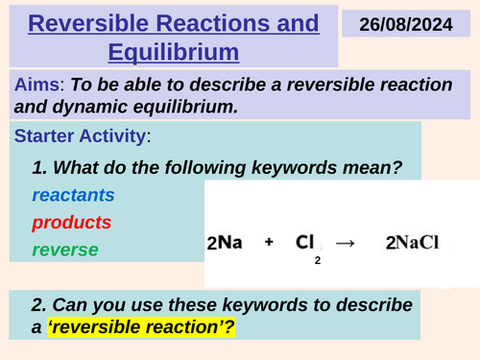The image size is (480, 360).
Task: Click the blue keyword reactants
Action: tap(73, 196)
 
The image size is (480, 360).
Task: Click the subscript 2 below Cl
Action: tap(317, 259)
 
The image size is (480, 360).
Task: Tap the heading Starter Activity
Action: tap(75, 138)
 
